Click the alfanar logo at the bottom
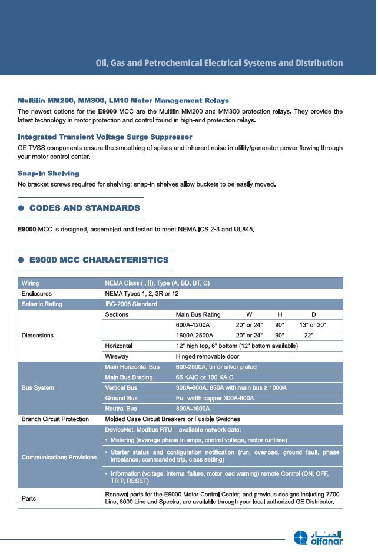(x=318, y=537)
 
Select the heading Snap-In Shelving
(x=48, y=174)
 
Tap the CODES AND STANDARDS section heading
(x=85, y=208)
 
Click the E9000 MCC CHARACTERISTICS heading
(x=99, y=260)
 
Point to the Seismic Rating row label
(x=42, y=304)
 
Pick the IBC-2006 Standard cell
(x=131, y=304)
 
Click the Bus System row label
(x=38, y=387)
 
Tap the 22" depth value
(x=309, y=335)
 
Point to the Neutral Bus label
(x=121, y=409)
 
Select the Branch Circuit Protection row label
(x=55, y=419)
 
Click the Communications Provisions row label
(x=59, y=457)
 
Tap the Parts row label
(x=29, y=498)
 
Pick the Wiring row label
(x=31, y=283)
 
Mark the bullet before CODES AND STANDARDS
(x=21, y=208)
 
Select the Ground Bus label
(x=121, y=398)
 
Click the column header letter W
(x=249, y=315)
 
